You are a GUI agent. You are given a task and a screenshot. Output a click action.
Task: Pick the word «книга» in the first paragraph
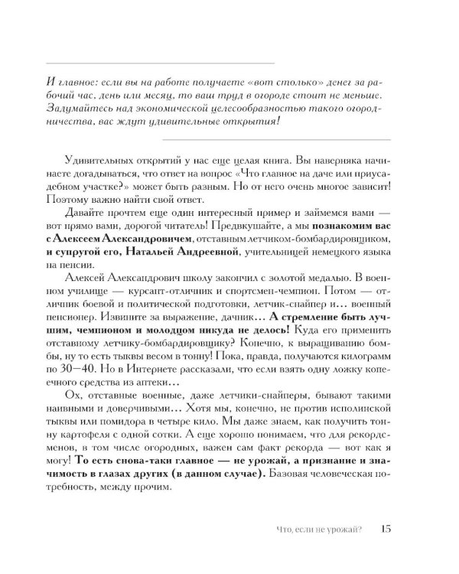(x=286, y=177)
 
